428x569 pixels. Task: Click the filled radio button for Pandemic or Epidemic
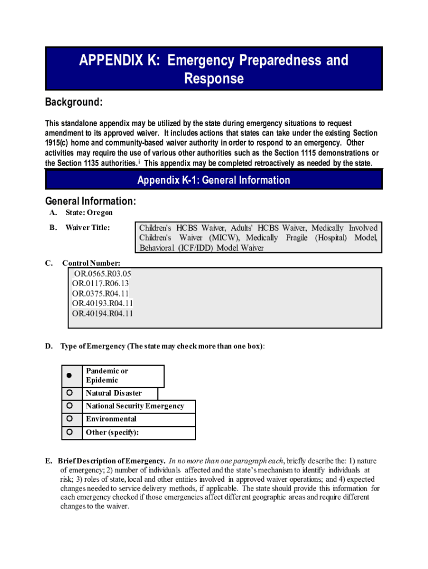pyautogui.click(x=69, y=376)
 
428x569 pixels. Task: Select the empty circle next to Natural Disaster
pyautogui.click(x=69, y=393)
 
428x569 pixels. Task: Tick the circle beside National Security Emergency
pyautogui.click(x=69, y=406)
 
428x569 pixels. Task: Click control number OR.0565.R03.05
pyautogui.click(x=103, y=273)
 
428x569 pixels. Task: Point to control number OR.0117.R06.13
pyautogui.click(x=101, y=283)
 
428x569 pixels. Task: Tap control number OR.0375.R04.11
pyautogui.click(x=101, y=293)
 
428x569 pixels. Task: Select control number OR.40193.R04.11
pyautogui.click(x=102, y=303)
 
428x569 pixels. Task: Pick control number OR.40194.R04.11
pyautogui.click(x=102, y=313)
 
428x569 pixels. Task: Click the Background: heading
pyautogui.click(x=73, y=102)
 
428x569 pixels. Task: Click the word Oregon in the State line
pyautogui.click(x=100, y=213)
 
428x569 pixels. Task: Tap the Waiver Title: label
pyautogui.click(x=87, y=228)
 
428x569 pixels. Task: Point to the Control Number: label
pyautogui.click(x=91, y=263)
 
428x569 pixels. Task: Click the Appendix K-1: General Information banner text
pyautogui.click(x=213, y=180)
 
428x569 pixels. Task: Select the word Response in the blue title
pyautogui.click(x=213, y=79)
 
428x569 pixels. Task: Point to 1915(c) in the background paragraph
pyautogui.click(x=57, y=143)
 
